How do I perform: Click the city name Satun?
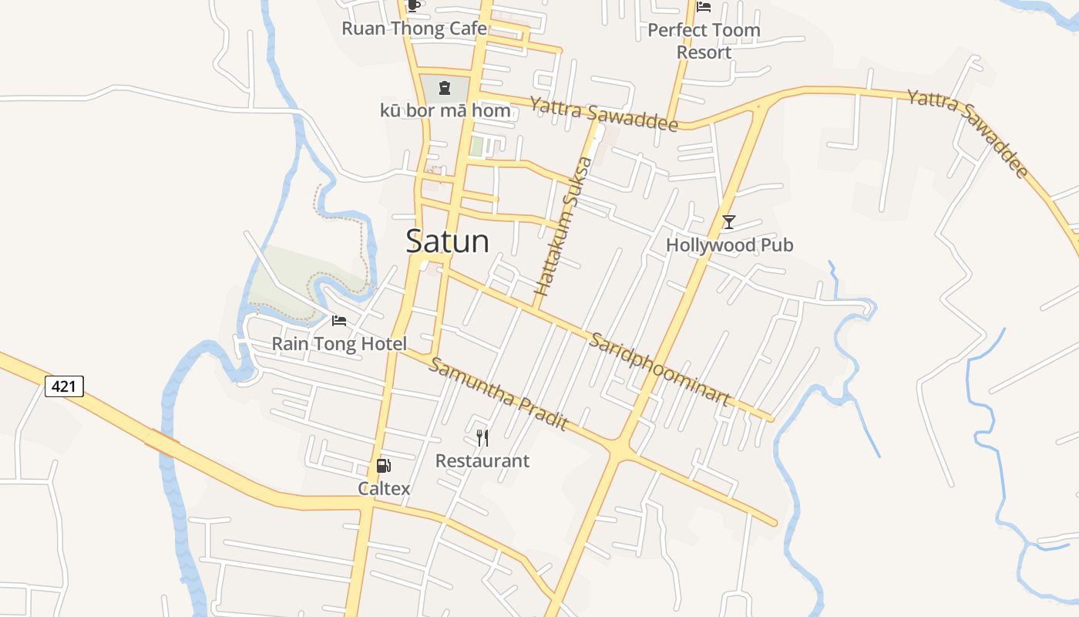[x=447, y=241]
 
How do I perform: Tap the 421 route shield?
[x=64, y=386]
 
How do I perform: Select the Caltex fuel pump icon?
[x=383, y=465]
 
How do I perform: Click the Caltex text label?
[x=384, y=488]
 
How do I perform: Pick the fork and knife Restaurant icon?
[x=482, y=438]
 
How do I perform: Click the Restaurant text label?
[x=482, y=460]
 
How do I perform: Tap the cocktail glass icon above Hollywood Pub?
[x=728, y=222]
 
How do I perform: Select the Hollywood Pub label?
[x=729, y=244]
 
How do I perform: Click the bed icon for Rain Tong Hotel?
[x=338, y=320]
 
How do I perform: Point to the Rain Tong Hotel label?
[x=339, y=343]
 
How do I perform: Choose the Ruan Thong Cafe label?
[x=414, y=29]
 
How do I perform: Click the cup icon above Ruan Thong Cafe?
[x=414, y=5]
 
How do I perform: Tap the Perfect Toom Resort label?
[x=704, y=41]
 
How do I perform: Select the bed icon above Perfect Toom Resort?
[x=704, y=7]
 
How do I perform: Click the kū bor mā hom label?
[x=445, y=110]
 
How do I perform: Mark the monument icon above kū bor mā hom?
[x=445, y=88]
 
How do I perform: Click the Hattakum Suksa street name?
[x=563, y=226]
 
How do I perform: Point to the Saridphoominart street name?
[x=660, y=369]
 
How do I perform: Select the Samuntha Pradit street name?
[x=498, y=394]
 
